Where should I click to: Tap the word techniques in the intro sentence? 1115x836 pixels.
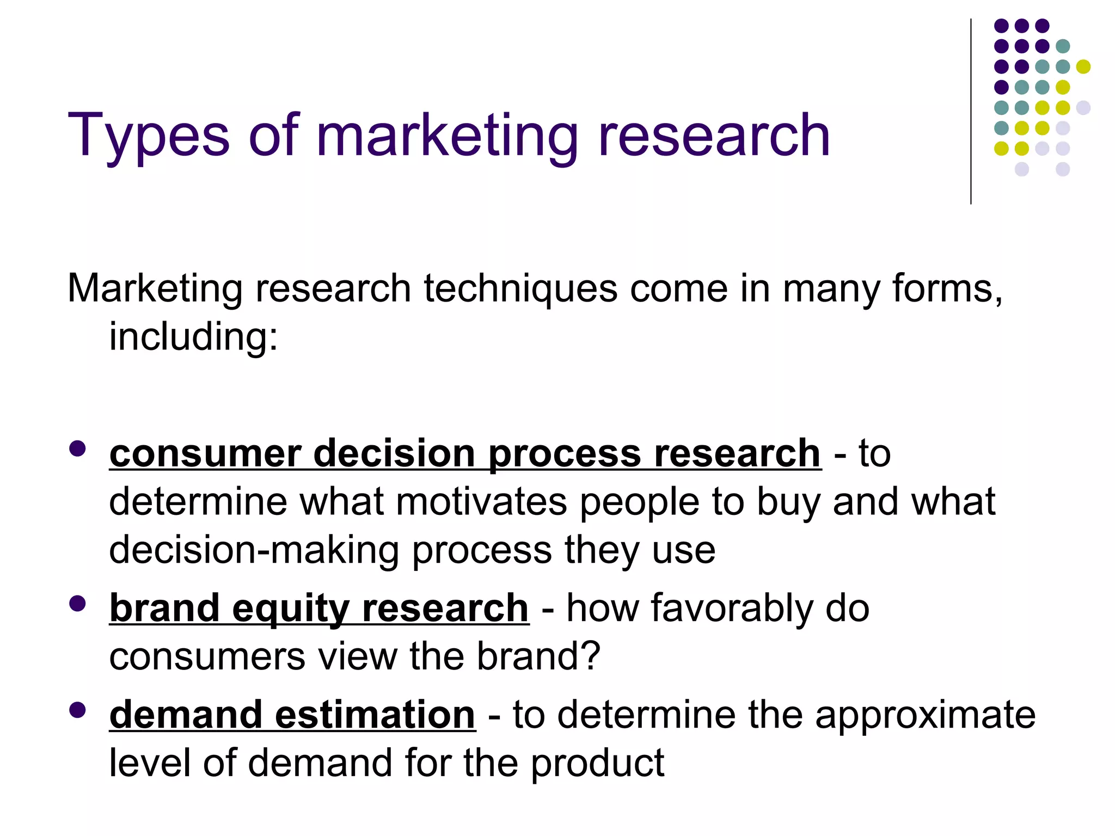(x=520, y=288)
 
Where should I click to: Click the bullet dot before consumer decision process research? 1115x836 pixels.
(x=78, y=448)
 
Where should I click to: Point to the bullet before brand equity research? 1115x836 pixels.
(x=78, y=604)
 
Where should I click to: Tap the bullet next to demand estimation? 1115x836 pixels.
(x=78, y=710)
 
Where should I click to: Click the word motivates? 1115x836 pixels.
(x=481, y=501)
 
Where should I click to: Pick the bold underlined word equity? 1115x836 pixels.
(x=290, y=608)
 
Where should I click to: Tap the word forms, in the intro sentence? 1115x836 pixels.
(x=947, y=288)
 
